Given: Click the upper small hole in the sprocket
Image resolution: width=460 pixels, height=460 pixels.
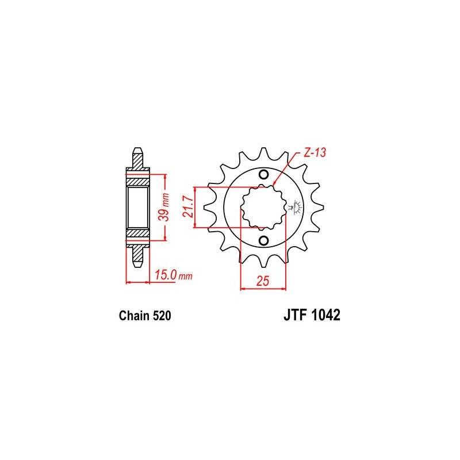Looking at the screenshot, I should click(263, 175).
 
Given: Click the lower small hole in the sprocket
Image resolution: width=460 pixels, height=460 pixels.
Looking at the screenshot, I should click(263, 240).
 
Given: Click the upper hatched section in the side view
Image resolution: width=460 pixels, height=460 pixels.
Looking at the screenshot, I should click(138, 182).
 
